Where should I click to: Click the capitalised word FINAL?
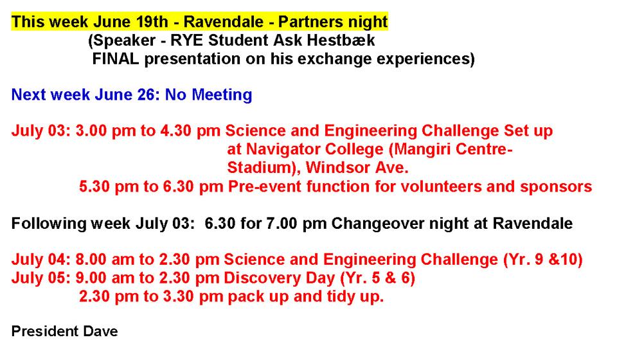click(116, 59)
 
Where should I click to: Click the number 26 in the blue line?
click(148, 94)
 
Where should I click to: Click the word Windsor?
click(338, 168)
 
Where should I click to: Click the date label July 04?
click(41, 260)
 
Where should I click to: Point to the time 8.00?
click(91, 260)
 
